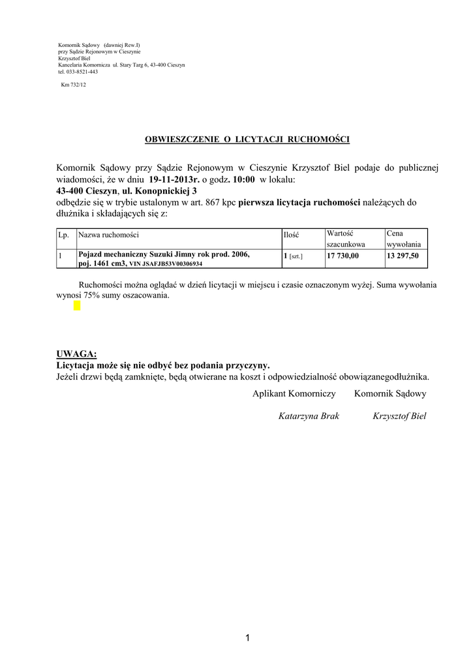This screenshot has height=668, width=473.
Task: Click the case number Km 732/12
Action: click(73, 84)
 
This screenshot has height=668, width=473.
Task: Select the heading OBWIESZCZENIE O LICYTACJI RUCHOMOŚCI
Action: click(247, 140)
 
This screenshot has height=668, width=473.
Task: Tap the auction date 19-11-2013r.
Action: click(174, 179)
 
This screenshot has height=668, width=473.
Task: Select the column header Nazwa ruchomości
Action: click(108, 235)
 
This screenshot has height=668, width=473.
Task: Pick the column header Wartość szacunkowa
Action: click(346, 238)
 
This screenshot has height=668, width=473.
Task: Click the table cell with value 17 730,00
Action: click(343, 256)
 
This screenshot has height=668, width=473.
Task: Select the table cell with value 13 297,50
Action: click(403, 256)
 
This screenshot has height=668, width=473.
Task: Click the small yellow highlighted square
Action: click(77, 306)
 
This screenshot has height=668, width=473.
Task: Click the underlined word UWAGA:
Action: click(77, 354)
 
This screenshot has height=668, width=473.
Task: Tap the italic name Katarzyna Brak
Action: click(309, 416)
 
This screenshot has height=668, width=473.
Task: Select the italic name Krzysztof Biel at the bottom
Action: click(399, 416)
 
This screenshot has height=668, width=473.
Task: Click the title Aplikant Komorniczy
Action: click(294, 393)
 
